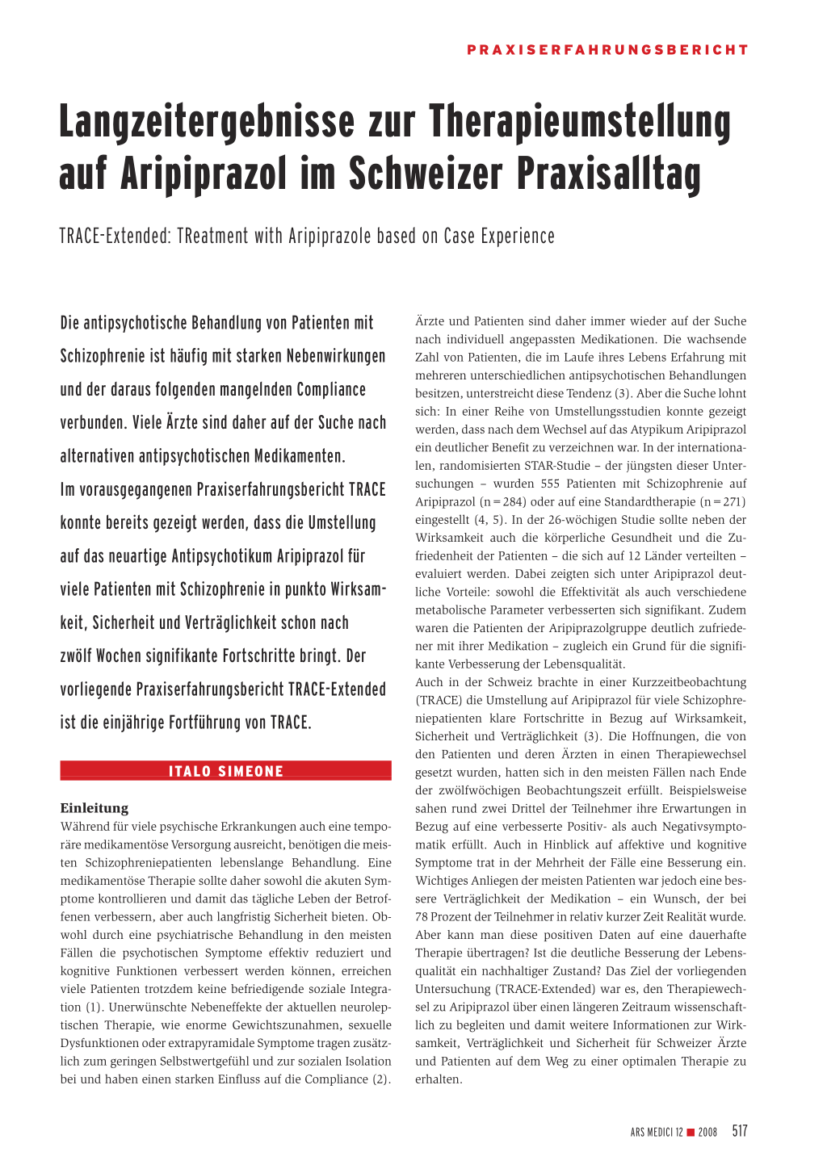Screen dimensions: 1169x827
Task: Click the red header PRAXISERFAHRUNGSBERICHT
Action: pyautogui.click(x=607, y=50)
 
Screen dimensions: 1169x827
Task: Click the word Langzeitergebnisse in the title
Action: pyautogui.click(x=207, y=122)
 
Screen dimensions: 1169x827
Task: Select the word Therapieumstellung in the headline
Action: pyautogui.click(x=580, y=122)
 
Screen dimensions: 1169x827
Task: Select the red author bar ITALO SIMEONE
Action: pyautogui.click(x=226, y=771)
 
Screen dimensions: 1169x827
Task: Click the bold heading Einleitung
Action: pyautogui.click(x=94, y=808)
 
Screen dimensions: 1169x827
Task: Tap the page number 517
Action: pyautogui.click(x=740, y=1132)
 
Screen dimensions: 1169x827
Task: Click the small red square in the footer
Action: pyautogui.click(x=691, y=1133)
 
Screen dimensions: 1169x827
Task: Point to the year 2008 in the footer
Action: pyautogui.click(x=707, y=1133)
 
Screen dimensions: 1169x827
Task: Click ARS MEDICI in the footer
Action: pyautogui.click(x=653, y=1133)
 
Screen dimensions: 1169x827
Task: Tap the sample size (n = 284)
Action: pyautogui.click(x=502, y=502)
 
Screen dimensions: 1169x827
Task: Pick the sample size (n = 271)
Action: pyautogui.click(x=722, y=502)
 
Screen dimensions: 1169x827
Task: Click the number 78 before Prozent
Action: pyautogui.click(x=422, y=917)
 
